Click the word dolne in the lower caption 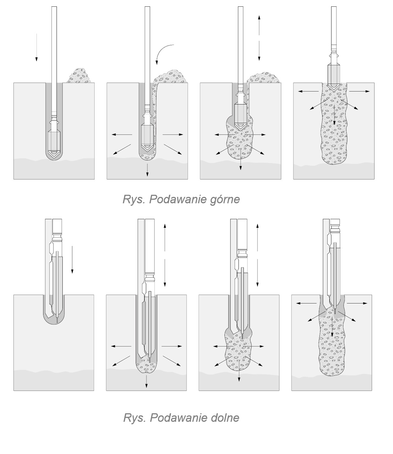(x=225, y=418)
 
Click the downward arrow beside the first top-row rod (x=36, y=47)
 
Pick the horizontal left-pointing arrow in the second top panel (x=122, y=135)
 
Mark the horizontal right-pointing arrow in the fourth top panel (x=359, y=91)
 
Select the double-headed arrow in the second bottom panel (x=165, y=255)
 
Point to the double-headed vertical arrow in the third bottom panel (x=258, y=255)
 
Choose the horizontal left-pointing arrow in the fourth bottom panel (x=307, y=303)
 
